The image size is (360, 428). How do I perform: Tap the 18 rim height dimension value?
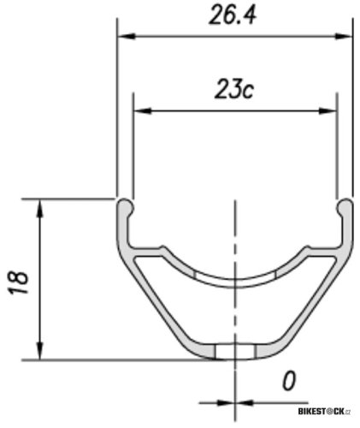pos(20,280)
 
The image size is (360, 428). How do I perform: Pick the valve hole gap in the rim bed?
pos(235,277)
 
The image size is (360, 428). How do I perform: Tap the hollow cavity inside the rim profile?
pos(235,317)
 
